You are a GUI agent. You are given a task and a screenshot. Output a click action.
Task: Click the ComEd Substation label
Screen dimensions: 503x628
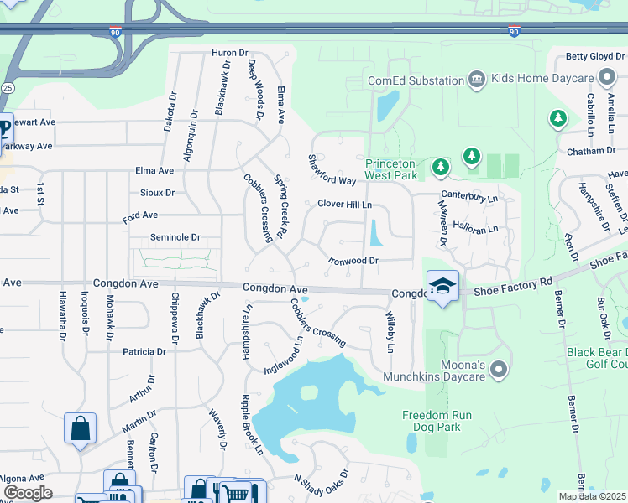pos(416,80)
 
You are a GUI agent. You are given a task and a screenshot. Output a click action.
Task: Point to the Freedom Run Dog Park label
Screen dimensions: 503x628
pos(437,422)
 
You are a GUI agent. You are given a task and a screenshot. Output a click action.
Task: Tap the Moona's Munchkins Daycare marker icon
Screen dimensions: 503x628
pos(499,369)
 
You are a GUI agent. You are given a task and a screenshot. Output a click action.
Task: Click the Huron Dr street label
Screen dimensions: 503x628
pos(227,53)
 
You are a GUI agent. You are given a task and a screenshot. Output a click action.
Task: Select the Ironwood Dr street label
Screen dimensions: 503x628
pos(353,261)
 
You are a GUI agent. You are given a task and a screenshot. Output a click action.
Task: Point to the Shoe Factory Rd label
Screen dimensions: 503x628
pos(513,286)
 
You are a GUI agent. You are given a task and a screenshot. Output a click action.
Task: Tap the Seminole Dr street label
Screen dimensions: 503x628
pos(175,237)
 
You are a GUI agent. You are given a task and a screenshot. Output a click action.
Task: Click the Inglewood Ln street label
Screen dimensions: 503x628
pos(283,355)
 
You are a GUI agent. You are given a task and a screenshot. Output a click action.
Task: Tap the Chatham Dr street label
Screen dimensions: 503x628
pos(591,151)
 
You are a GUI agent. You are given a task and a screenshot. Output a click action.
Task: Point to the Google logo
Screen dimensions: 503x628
pos(28,493)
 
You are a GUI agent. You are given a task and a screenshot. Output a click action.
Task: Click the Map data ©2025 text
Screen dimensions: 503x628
pos(593,496)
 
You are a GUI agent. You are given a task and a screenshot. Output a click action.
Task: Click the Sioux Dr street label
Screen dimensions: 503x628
pos(158,192)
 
